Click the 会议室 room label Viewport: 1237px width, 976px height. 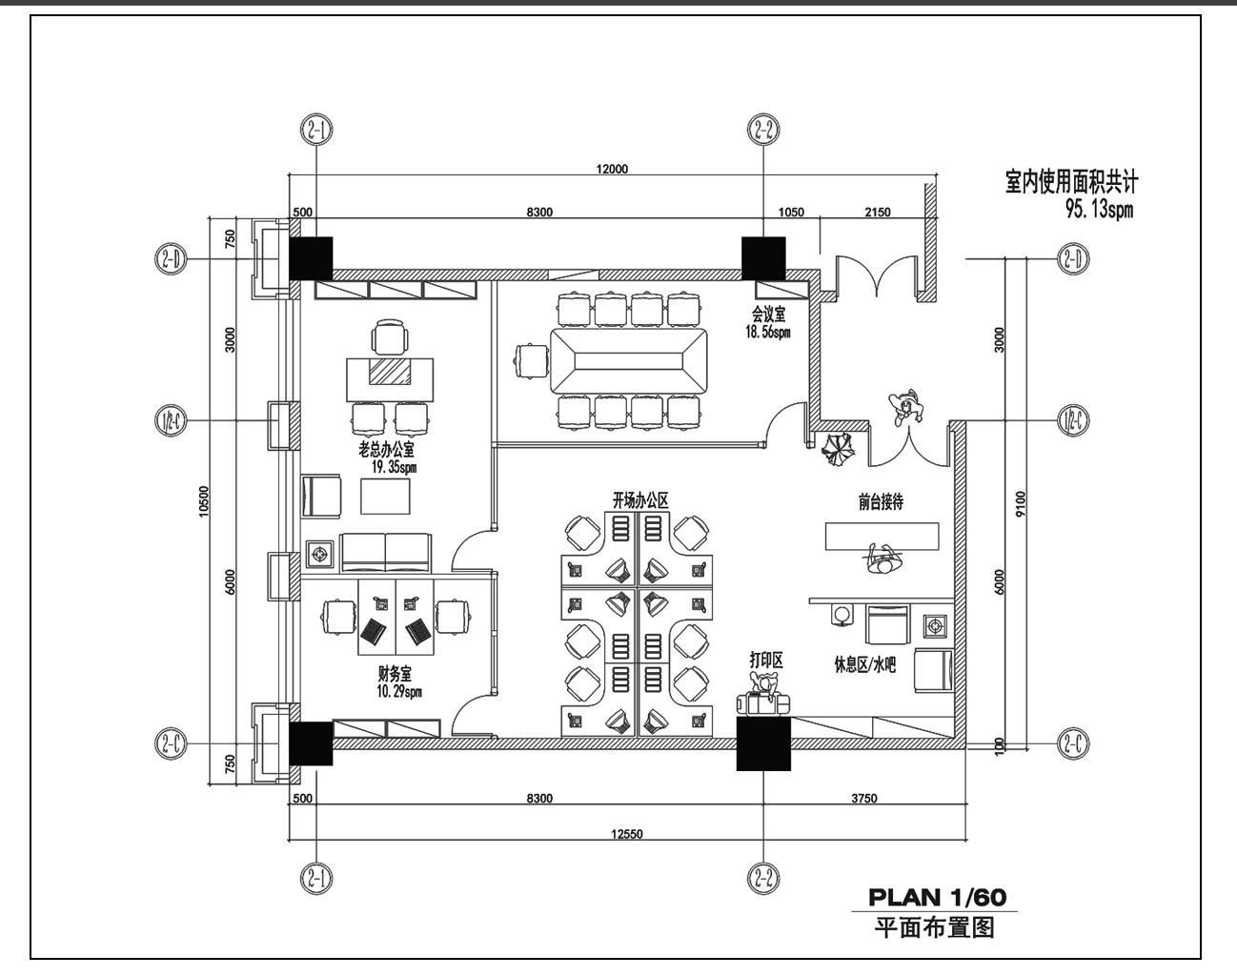768,315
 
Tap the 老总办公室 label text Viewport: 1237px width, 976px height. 386,449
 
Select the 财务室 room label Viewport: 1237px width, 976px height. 395,673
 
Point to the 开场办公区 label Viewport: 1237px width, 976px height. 640,500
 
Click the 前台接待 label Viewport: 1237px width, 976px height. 881,502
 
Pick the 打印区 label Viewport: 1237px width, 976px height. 766,661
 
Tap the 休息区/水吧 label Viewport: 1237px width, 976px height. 865,665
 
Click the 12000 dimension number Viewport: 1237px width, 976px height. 612,169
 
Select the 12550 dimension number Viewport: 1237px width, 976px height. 626,834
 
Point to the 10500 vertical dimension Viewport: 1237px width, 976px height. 204,501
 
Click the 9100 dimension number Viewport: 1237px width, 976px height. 1021,503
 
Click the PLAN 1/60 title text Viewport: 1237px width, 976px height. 938,897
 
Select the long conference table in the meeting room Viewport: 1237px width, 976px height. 629,361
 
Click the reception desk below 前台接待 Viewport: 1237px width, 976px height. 882,537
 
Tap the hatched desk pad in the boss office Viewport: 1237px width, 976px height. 391,372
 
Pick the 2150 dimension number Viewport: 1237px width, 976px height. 878,213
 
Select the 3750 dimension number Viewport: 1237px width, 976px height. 864,798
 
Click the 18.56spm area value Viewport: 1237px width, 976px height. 768,333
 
